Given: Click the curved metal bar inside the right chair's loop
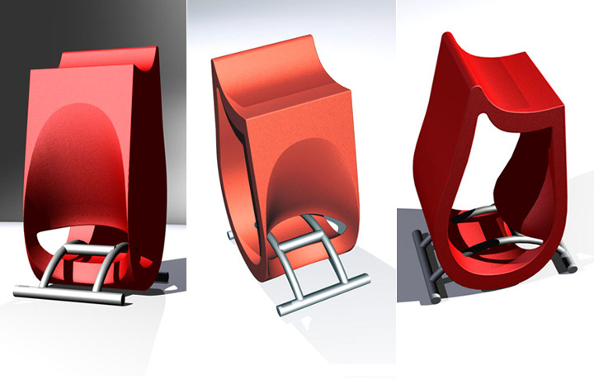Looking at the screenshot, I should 495,240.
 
